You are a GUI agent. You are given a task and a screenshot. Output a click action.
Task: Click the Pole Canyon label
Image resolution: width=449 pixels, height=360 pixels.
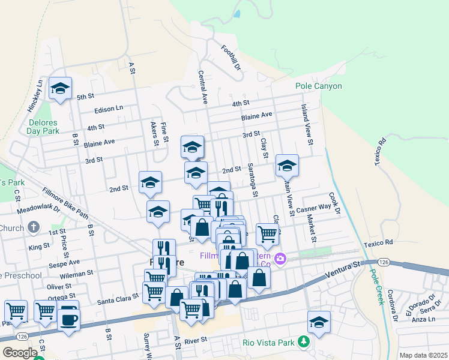point(319,86)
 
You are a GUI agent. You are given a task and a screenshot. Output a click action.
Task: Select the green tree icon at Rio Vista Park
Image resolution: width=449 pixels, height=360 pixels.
point(304,343)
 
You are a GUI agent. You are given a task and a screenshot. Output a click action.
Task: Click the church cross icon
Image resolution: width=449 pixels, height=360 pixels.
point(34,227)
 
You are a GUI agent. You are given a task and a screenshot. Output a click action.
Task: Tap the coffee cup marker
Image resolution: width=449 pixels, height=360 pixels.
point(68,319)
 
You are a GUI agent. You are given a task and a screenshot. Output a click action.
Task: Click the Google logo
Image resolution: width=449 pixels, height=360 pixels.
point(20,353)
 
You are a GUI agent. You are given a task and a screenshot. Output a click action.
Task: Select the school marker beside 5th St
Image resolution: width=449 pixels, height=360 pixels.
point(60,89)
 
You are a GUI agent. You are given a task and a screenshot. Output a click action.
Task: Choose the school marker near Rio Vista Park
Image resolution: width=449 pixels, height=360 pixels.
point(319,322)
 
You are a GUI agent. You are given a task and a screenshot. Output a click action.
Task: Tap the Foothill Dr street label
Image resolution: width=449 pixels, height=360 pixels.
point(231,58)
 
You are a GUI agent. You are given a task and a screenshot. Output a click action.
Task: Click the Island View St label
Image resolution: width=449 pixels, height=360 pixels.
point(306,126)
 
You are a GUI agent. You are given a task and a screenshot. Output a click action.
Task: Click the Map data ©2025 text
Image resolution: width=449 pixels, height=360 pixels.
point(423,355)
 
